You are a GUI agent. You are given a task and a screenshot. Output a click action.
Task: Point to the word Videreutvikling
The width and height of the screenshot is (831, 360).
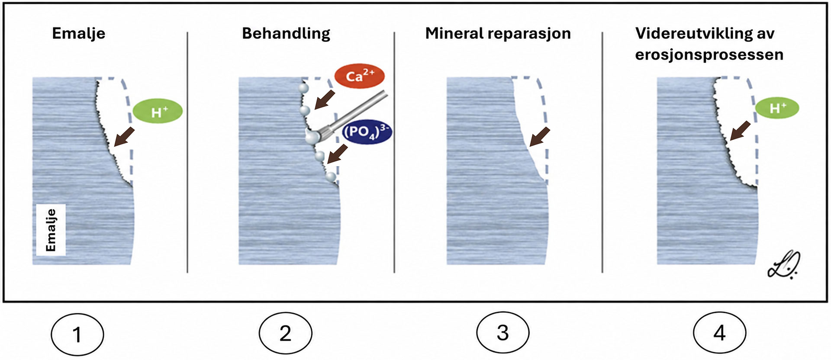click(x=694, y=34)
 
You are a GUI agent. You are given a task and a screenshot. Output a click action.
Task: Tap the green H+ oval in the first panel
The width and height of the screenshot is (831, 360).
click(x=158, y=111)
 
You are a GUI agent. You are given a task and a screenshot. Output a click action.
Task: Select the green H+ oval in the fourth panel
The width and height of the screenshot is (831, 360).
click(x=777, y=108)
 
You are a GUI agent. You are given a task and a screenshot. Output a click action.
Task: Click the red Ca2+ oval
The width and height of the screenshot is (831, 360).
click(x=359, y=77)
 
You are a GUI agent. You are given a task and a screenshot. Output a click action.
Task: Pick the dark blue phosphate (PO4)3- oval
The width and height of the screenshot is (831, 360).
click(x=367, y=132)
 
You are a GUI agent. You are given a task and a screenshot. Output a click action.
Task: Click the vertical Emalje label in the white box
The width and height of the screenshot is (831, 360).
click(x=51, y=230)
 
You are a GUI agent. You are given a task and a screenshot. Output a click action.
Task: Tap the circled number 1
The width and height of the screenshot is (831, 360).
click(x=77, y=334)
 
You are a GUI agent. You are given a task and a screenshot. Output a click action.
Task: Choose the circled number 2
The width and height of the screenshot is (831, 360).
click(x=285, y=334)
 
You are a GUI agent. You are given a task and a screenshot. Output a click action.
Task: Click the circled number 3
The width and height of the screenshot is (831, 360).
click(x=502, y=333)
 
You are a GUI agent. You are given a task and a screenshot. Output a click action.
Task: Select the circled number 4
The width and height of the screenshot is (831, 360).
click(x=719, y=333)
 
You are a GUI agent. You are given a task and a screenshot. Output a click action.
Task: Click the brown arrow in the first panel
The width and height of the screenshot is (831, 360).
click(x=124, y=137)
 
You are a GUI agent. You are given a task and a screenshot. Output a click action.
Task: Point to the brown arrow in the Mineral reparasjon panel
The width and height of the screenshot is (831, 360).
click(x=540, y=137)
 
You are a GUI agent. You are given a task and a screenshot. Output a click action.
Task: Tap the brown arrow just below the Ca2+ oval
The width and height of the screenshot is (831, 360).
click(x=325, y=100)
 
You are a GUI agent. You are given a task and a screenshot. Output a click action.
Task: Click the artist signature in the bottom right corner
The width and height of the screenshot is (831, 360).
click(x=783, y=264)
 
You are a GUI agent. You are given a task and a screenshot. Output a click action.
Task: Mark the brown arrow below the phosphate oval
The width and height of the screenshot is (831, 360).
click(x=338, y=154)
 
